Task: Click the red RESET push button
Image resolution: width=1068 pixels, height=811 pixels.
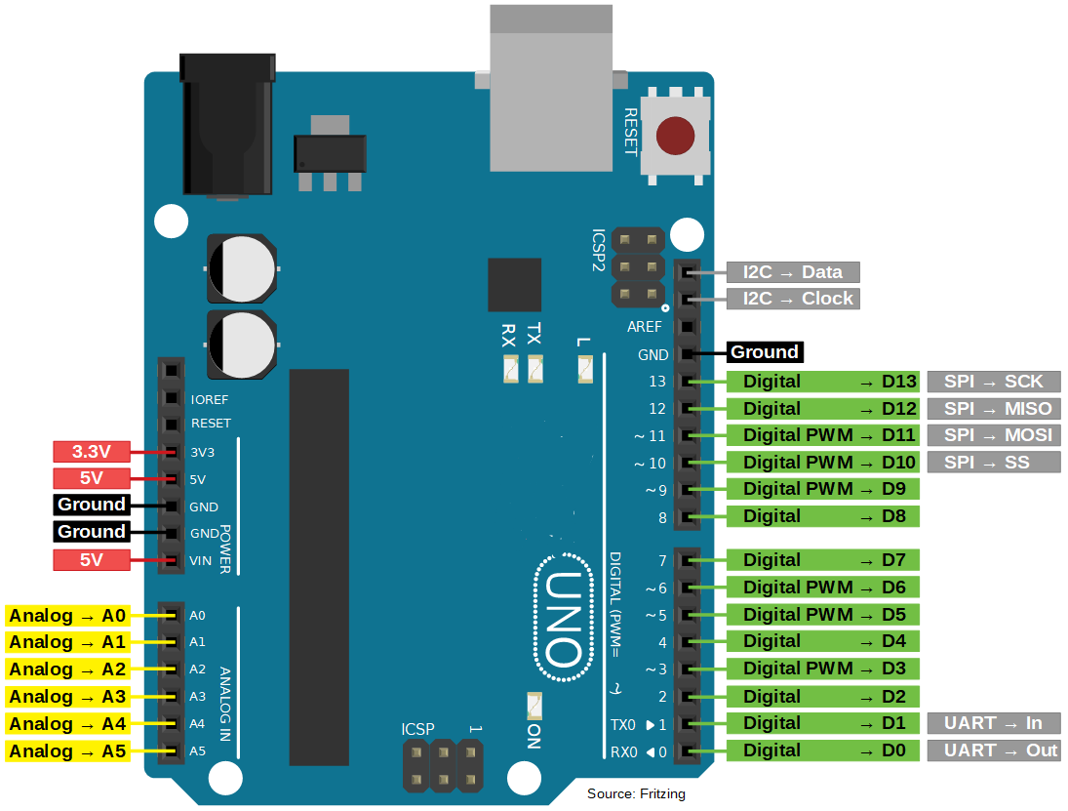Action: [x=675, y=137]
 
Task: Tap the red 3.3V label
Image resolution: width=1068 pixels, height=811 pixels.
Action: [x=91, y=452]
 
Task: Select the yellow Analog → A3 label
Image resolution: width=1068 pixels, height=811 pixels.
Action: [x=67, y=697]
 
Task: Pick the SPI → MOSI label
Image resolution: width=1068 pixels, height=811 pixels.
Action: [x=994, y=435]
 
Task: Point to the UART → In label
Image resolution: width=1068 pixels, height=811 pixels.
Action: [x=994, y=723]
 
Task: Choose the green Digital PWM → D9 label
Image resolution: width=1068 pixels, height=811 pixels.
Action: [x=824, y=489]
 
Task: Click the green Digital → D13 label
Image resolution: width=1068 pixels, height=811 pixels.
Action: [x=824, y=382]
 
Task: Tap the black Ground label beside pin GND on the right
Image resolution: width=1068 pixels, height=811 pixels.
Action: [x=765, y=352]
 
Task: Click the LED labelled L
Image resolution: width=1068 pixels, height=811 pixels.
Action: [x=585, y=370]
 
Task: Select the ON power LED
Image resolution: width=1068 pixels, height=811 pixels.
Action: [x=534, y=705]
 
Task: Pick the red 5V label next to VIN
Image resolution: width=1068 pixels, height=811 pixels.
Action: [x=91, y=560]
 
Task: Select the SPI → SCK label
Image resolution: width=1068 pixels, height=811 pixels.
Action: [x=994, y=382]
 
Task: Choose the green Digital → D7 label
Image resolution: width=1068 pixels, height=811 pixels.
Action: [x=824, y=560]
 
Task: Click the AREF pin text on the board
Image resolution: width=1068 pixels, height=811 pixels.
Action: [x=644, y=328]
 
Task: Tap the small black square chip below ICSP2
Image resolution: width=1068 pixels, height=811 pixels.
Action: [x=514, y=285]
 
